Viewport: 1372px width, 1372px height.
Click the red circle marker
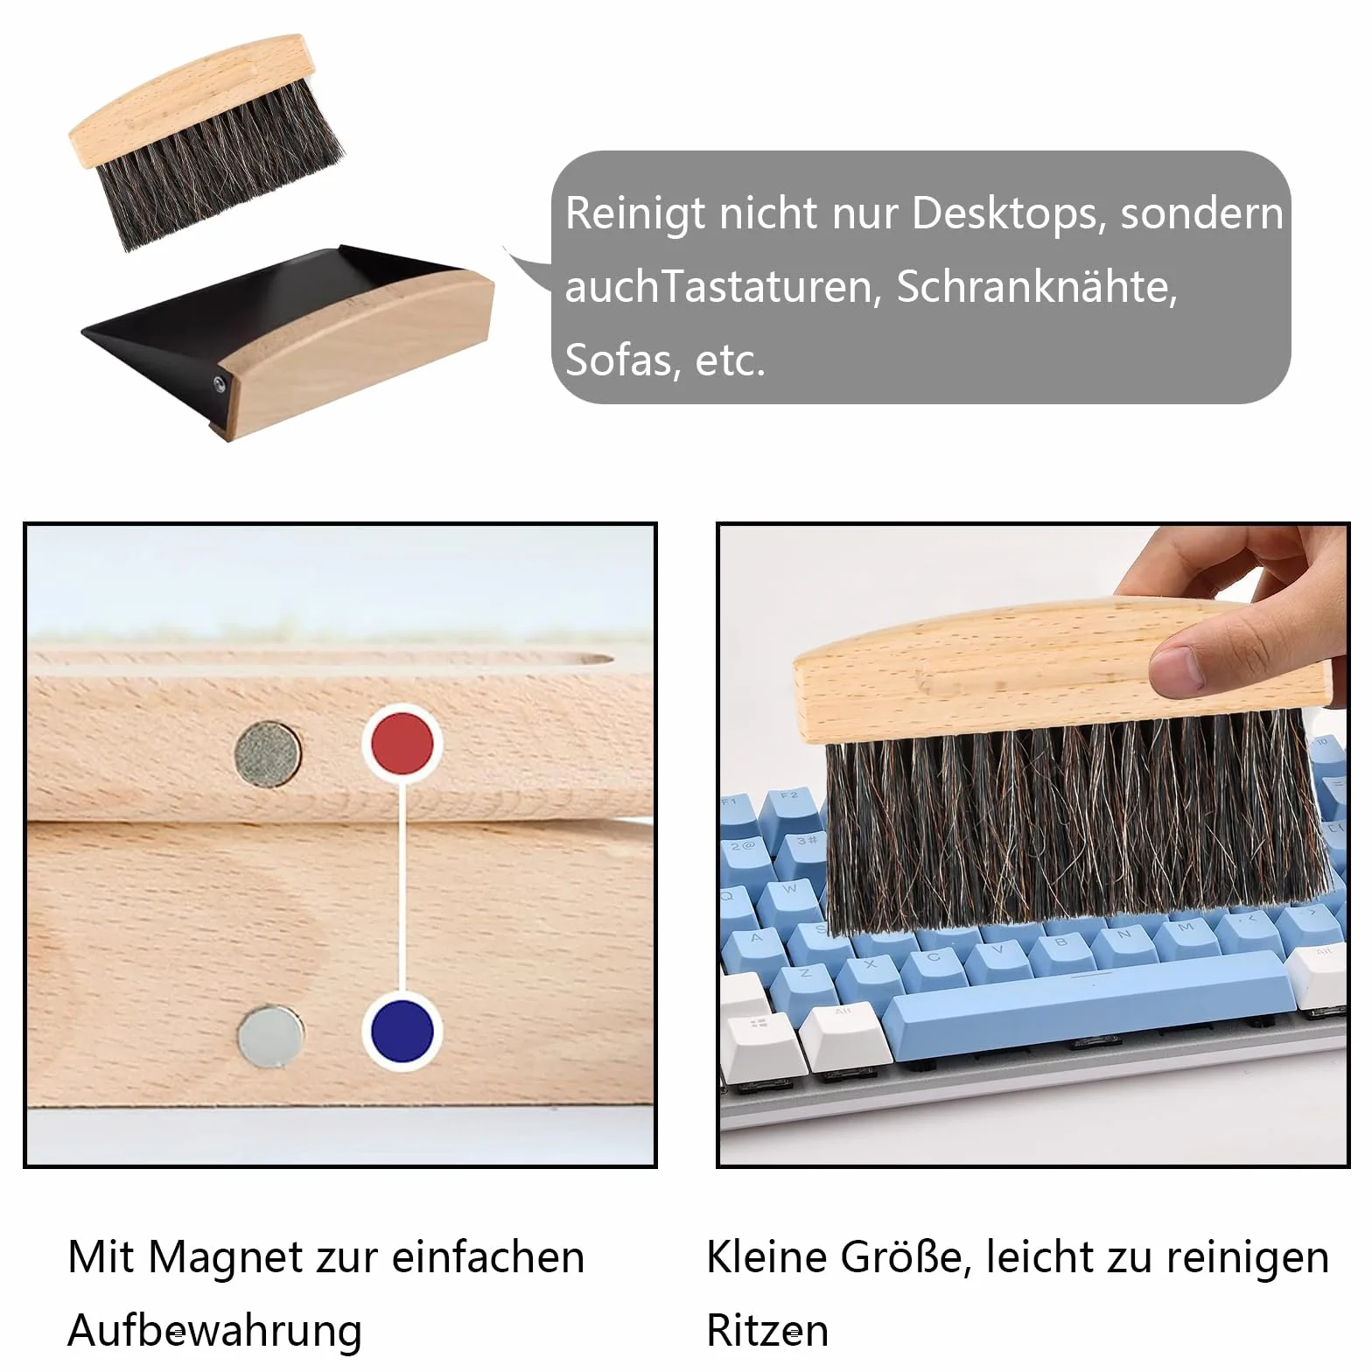coord(401,743)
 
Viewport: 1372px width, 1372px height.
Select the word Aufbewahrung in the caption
coord(214,1330)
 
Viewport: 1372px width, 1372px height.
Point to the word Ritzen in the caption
coord(767,1330)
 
